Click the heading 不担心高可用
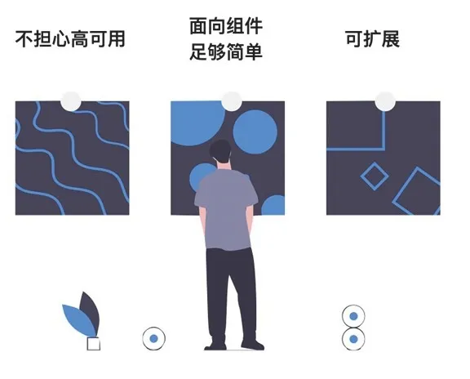(x=70, y=39)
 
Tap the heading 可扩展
(x=373, y=39)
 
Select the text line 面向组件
(x=226, y=26)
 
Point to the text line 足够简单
(x=226, y=51)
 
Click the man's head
(x=220, y=152)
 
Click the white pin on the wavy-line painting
(x=71, y=101)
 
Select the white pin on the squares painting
(x=385, y=101)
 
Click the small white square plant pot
(x=94, y=344)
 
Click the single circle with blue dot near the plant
(x=153, y=338)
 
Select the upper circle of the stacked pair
(x=353, y=316)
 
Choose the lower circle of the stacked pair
(x=353, y=339)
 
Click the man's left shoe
(x=215, y=346)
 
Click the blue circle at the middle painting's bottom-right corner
(x=273, y=205)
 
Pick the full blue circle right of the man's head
(x=255, y=132)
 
